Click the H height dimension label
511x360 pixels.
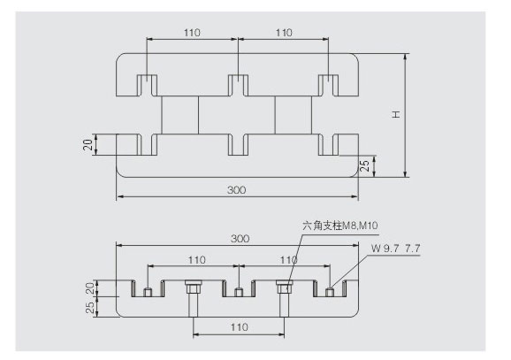point(396,114)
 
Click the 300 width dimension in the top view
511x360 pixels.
point(237,190)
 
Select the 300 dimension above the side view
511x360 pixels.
point(240,238)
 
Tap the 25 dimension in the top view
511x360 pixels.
point(365,166)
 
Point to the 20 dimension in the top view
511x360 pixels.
point(88,144)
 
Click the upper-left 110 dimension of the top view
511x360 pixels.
point(192,33)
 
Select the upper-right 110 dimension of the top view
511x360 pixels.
point(284,33)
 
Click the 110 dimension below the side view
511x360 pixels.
point(240,327)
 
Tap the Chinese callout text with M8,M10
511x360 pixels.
point(339,226)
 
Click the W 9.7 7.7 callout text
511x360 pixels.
point(396,249)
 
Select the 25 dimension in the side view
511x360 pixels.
point(90,307)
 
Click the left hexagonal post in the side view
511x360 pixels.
point(193,298)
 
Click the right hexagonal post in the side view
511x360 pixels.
point(284,298)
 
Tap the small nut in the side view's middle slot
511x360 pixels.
point(239,292)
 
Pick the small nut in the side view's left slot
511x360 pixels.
point(148,292)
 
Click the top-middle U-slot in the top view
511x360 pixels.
point(238,86)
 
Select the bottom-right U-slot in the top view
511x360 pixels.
point(329,144)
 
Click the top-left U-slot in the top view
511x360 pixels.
point(147,86)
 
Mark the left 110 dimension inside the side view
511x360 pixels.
point(197,260)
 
